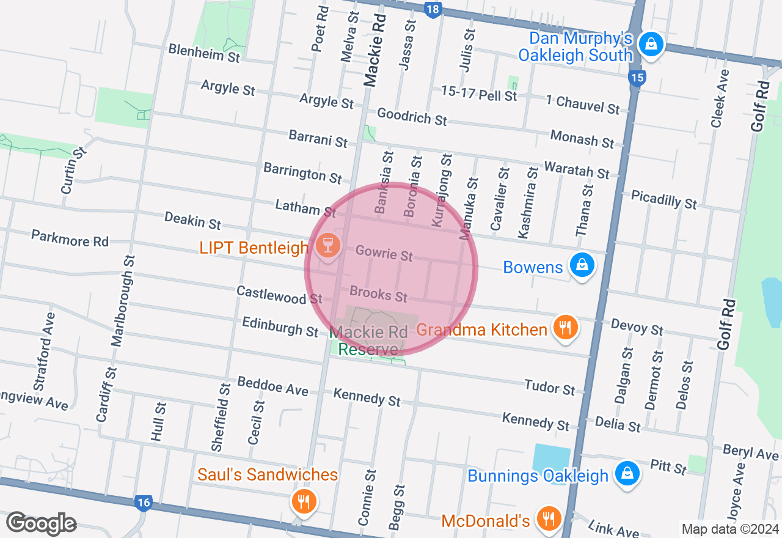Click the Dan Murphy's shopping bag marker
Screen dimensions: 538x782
(x=651, y=44)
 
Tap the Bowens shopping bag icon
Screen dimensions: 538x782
(x=582, y=265)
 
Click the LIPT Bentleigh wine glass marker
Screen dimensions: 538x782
(x=327, y=246)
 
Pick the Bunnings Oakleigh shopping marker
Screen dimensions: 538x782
(x=627, y=474)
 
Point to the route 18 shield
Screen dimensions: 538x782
(x=433, y=9)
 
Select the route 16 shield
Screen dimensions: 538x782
(x=143, y=503)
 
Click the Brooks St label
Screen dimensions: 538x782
(x=379, y=294)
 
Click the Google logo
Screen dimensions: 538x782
(x=41, y=523)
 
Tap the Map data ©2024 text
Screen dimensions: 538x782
(x=731, y=529)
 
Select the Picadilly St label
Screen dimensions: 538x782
(x=664, y=199)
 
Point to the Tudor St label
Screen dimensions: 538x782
(x=550, y=387)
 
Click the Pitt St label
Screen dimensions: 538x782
(x=668, y=468)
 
